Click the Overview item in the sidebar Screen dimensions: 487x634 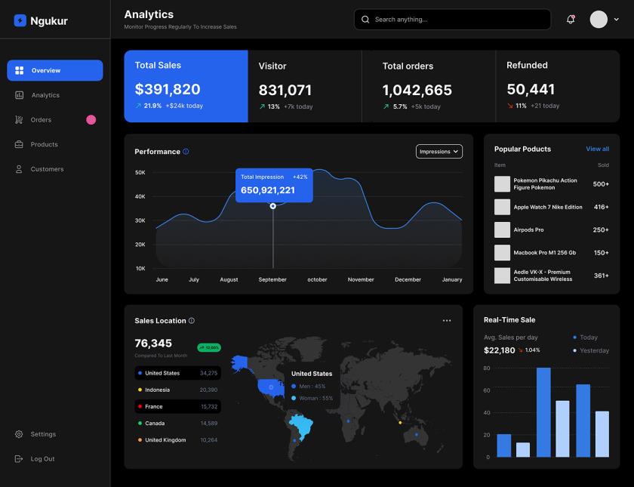[x=54, y=70]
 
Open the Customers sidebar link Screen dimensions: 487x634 [x=47, y=169]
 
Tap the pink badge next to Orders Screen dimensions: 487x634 [x=91, y=119]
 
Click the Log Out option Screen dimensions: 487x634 [x=42, y=459]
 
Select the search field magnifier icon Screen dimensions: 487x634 [x=366, y=20]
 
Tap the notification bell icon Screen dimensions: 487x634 [x=571, y=20]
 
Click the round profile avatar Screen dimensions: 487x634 [x=599, y=20]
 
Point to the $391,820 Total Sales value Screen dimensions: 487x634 [x=168, y=89]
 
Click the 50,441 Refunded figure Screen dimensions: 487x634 [x=531, y=89]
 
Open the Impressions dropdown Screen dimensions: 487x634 [x=439, y=152]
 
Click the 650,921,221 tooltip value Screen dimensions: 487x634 [x=268, y=190]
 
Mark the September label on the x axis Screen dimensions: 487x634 [x=272, y=279]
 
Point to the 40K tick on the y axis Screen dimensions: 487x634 [x=140, y=196]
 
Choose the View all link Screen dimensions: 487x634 [x=597, y=149]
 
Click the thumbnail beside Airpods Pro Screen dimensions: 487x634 [x=502, y=230]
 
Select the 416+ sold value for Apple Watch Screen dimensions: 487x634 [x=601, y=207]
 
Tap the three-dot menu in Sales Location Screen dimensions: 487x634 [x=447, y=321]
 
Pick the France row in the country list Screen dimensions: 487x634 [x=178, y=406]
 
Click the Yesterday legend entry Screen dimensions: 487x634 [x=594, y=350]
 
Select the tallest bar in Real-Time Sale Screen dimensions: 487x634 [x=543, y=411]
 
